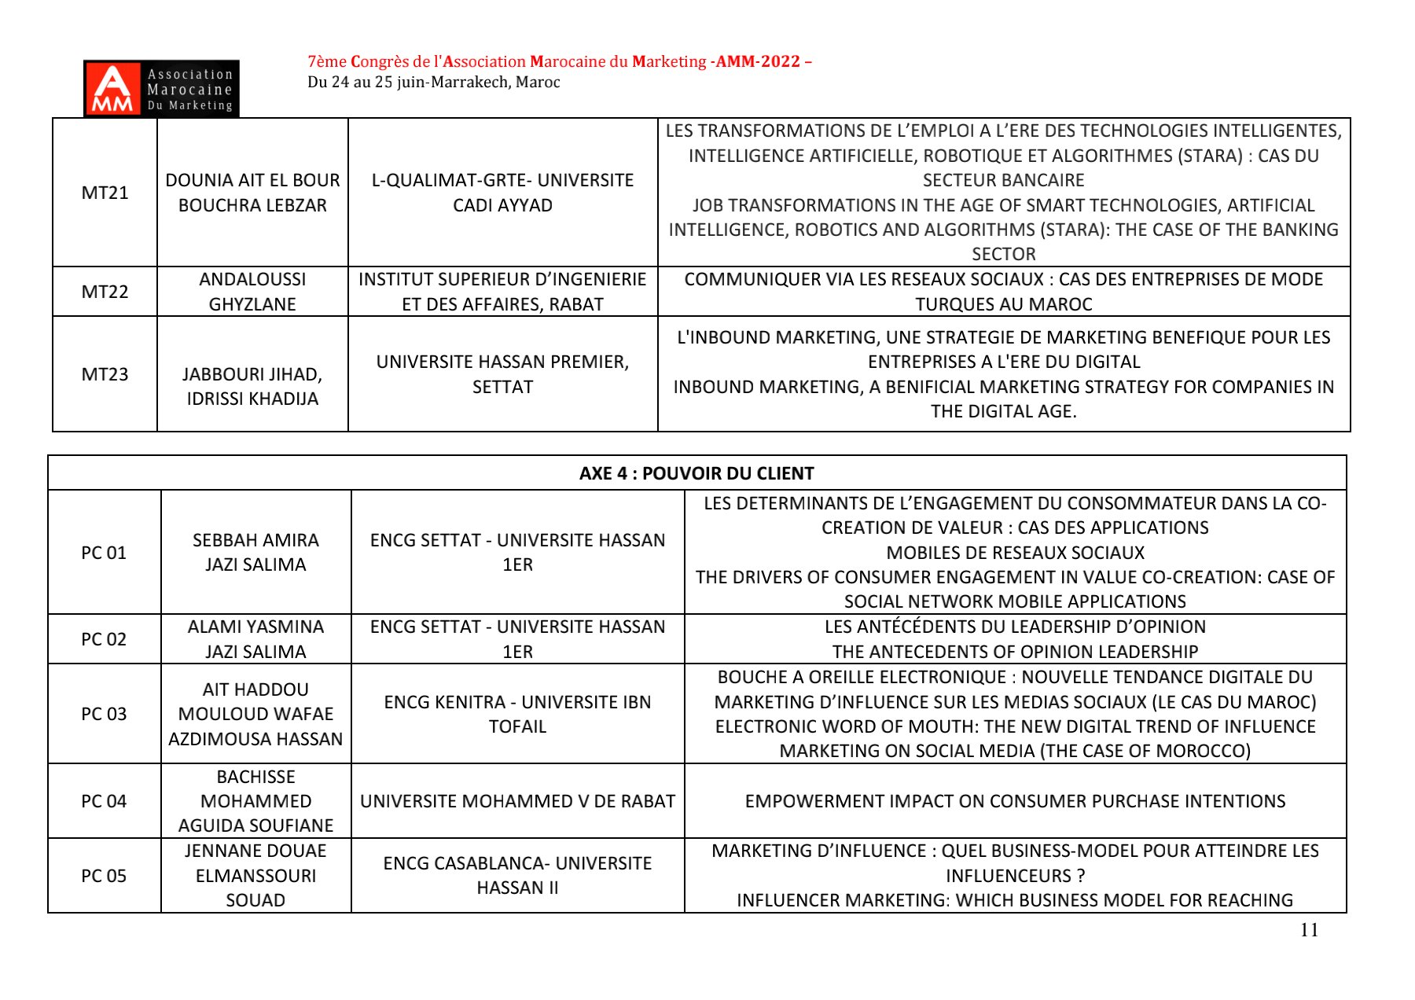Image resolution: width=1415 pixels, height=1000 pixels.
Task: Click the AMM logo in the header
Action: pos(161,89)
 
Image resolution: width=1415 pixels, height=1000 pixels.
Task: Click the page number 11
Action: pos(1309,930)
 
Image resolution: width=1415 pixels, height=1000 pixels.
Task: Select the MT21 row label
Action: pos(105,193)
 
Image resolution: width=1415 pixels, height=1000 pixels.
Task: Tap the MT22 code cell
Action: pos(105,292)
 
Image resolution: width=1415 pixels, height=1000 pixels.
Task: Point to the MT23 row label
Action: pos(105,374)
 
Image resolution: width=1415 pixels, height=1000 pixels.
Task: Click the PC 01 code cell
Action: pos(104,553)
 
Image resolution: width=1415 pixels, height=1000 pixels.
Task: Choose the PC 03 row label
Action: pos(104,714)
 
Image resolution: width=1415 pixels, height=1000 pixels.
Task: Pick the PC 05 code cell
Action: pos(104,876)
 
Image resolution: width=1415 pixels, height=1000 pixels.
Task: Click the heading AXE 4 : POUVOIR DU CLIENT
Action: pos(696,473)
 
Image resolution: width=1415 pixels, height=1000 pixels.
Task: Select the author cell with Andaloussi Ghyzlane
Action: pos(252,292)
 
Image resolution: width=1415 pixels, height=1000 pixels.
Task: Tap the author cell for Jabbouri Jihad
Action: pos(252,386)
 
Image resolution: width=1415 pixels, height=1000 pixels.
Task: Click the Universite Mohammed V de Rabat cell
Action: pos(517,801)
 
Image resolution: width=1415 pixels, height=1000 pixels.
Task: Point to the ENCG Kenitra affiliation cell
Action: pos(517,714)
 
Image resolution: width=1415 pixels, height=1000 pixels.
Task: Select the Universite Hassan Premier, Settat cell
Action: pos(502,374)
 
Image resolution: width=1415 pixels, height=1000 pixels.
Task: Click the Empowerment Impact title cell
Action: pos(1015,801)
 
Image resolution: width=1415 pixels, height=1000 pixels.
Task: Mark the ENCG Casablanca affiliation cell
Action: pos(517,876)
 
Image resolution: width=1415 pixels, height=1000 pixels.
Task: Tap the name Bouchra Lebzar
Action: pos(252,205)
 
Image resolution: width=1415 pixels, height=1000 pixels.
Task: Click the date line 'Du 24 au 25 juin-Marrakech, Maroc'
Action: pos(434,83)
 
